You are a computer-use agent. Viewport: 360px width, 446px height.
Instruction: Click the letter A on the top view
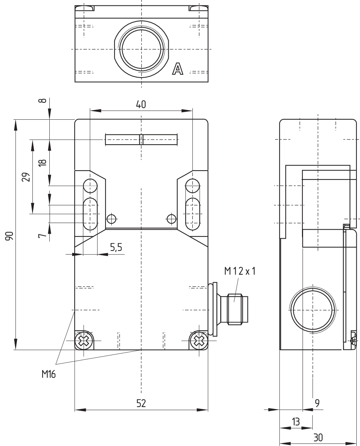coord(178,69)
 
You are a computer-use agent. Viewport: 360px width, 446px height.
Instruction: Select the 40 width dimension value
coord(141,105)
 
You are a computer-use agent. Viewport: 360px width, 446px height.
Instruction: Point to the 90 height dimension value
coord(9,236)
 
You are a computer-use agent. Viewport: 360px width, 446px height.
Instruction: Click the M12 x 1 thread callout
coord(240,271)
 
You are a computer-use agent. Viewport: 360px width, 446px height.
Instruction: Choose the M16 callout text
coord(49,374)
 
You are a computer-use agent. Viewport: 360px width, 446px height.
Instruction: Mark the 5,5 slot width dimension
coord(116,247)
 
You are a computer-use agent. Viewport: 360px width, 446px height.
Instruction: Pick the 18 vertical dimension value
coord(43,163)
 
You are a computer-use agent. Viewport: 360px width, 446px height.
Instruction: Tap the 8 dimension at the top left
coord(43,101)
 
